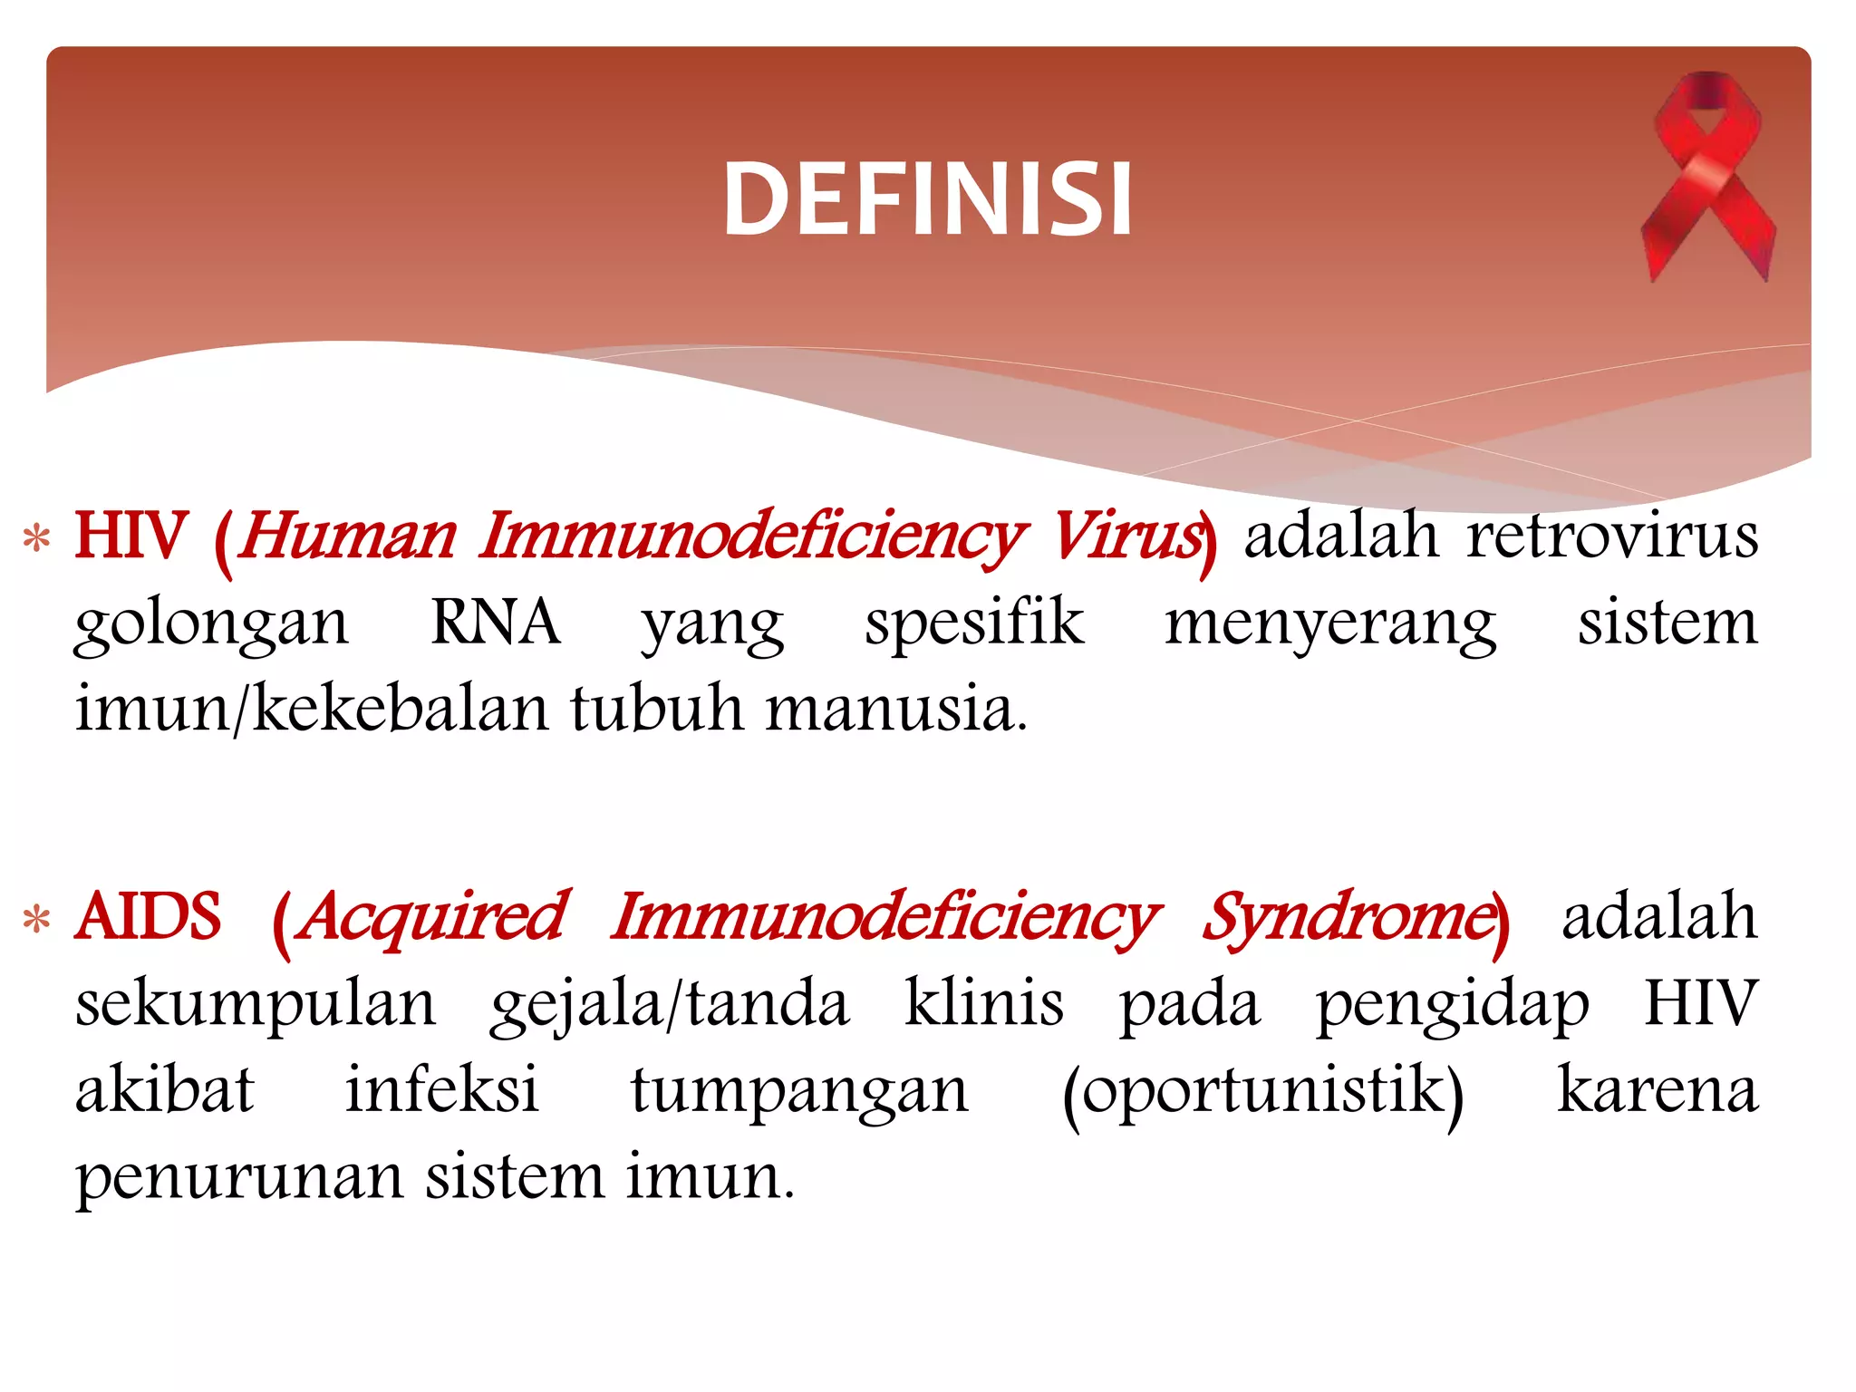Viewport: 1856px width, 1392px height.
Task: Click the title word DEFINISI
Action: coord(927,199)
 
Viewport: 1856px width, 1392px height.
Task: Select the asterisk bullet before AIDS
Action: coord(36,920)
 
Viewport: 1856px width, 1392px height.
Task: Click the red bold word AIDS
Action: coord(149,916)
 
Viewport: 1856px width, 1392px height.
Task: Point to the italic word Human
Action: coord(348,536)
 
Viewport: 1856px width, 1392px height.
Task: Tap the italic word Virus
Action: coord(1126,536)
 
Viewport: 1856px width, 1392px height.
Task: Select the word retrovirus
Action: coord(1613,536)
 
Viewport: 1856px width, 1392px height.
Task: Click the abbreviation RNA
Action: coord(495,623)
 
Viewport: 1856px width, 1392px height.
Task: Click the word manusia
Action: coord(896,709)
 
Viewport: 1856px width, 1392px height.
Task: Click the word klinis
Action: coord(984,1003)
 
